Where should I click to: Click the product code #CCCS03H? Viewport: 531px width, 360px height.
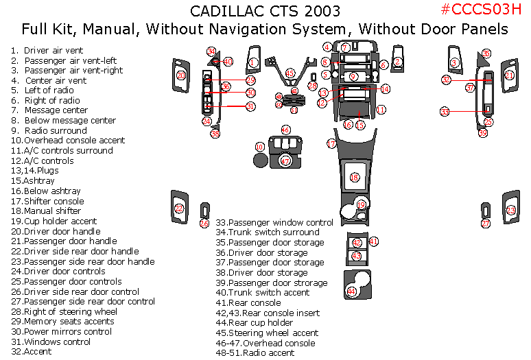point(476,10)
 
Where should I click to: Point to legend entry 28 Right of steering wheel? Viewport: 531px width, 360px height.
point(63,312)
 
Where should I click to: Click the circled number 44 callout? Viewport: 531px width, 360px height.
point(352,291)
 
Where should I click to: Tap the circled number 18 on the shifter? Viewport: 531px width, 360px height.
point(355,178)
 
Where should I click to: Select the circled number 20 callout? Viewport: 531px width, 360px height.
point(181,75)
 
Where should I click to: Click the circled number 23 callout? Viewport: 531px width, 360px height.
point(510,211)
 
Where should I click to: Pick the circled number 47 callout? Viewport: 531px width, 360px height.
point(286,160)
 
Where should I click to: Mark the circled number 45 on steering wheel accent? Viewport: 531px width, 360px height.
point(290,73)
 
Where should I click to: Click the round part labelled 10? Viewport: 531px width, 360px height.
point(260,160)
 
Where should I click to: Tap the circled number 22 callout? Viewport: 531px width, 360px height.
point(179,208)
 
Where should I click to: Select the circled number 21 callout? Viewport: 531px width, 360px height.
point(509,74)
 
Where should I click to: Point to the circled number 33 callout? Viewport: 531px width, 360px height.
point(445,111)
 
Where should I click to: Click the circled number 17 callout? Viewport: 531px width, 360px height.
point(331,144)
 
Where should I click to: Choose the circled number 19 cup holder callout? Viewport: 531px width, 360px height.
point(362,204)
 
